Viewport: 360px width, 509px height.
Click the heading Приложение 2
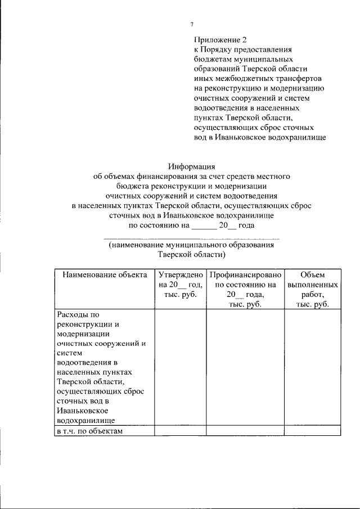[x=220, y=40]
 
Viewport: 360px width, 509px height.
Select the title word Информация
[x=192, y=166]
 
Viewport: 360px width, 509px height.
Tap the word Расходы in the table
[x=74, y=315]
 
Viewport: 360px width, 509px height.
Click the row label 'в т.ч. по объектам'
[x=89, y=431]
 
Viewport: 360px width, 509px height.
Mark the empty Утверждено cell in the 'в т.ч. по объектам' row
[x=180, y=431]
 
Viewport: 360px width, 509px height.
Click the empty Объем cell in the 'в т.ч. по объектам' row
[x=312, y=431]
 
